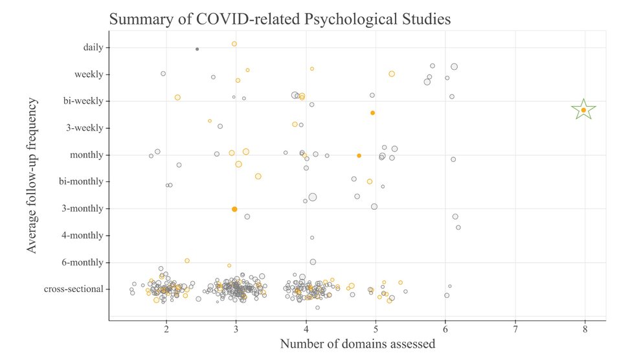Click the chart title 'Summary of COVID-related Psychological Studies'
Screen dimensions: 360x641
(280, 19)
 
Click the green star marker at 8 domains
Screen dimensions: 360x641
(583, 110)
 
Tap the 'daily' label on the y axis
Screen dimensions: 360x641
(93, 47)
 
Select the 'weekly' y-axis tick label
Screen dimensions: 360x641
(89, 74)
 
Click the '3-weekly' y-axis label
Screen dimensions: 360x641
(84, 128)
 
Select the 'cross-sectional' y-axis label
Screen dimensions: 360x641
(73, 289)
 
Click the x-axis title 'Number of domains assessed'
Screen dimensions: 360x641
(357, 344)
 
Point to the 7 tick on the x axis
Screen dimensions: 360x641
(515, 328)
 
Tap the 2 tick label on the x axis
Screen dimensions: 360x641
(166, 328)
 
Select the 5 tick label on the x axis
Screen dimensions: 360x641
(376, 328)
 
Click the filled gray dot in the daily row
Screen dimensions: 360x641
(197, 49)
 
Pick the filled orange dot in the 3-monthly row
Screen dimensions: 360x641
(234, 209)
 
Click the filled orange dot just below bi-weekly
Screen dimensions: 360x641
(372, 113)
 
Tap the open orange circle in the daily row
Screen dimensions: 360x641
(234, 44)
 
